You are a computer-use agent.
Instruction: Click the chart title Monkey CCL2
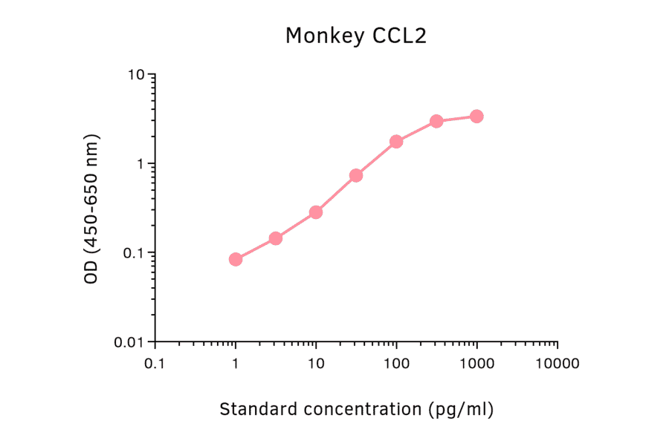click(x=356, y=36)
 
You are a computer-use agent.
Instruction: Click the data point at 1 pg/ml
click(x=236, y=259)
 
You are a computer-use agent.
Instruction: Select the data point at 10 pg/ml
click(x=316, y=212)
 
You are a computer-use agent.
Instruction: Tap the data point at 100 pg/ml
click(x=396, y=141)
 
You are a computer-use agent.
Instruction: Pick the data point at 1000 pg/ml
click(x=476, y=117)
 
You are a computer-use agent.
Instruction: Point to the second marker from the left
click(x=276, y=238)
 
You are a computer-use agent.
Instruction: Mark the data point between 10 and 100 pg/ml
click(x=356, y=175)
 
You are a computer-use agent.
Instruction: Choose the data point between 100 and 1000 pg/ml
click(x=436, y=121)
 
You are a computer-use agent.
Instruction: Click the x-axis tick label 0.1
click(x=155, y=364)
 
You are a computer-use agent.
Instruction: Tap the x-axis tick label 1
click(x=236, y=364)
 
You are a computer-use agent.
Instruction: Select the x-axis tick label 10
click(x=316, y=364)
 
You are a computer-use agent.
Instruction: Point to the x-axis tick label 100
click(x=396, y=364)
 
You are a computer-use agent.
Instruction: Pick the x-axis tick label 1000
click(x=476, y=364)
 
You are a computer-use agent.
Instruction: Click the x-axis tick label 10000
click(x=557, y=364)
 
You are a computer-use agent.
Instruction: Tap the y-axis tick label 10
click(x=135, y=75)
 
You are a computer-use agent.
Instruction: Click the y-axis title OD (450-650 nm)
click(x=91, y=209)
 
